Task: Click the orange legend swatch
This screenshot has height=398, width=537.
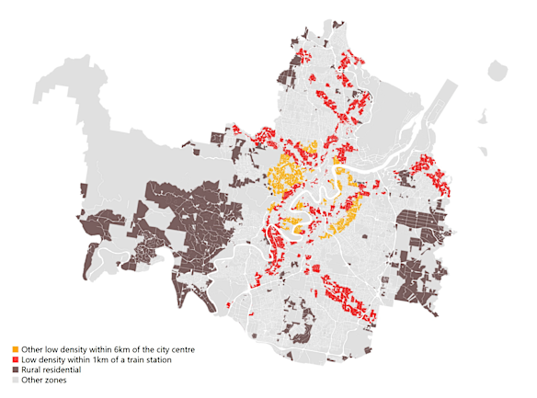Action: pyautogui.click(x=16, y=350)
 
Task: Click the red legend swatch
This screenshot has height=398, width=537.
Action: pyautogui.click(x=16, y=360)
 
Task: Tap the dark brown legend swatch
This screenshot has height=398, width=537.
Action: pyautogui.click(x=16, y=370)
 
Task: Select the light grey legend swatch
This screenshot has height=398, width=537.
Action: pyautogui.click(x=16, y=380)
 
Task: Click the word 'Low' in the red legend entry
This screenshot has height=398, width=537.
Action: pyautogui.click(x=29, y=360)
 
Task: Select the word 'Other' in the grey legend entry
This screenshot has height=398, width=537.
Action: pyautogui.click(x=33, y=380)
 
